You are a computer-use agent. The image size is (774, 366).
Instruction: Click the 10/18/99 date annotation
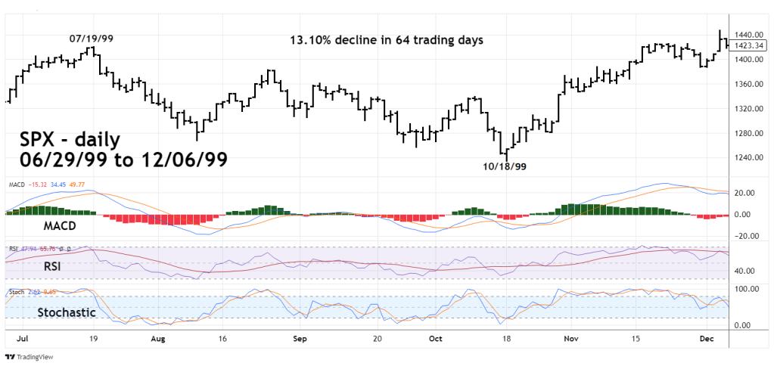504,166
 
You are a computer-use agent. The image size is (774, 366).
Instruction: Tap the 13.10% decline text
386,39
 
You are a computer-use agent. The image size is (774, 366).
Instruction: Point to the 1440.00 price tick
749,35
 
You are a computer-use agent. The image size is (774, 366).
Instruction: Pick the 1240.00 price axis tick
749,157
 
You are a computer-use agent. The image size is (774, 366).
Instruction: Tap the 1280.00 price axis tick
749,133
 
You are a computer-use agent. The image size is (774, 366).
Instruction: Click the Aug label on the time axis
157,340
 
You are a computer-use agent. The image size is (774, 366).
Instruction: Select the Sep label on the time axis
300,340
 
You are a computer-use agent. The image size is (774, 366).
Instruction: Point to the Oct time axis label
437,340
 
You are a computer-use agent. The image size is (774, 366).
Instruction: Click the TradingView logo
34,357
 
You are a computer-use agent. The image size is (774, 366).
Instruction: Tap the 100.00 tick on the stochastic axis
747,289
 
